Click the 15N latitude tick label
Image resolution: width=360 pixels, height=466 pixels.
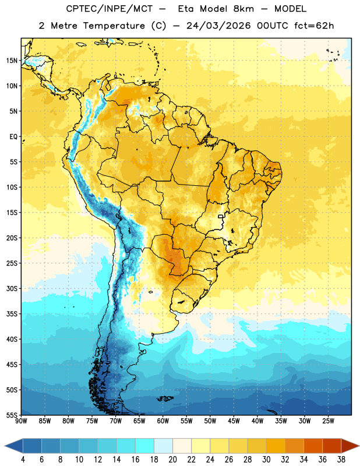(12, 61)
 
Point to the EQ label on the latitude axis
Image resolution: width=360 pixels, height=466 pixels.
(13, 137)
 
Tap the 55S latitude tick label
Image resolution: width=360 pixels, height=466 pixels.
(12, 415)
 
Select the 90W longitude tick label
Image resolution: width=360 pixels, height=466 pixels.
(21, 421)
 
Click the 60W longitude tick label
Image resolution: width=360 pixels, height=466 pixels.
(163, 421)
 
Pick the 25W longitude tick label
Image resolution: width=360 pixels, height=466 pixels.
(328, 421)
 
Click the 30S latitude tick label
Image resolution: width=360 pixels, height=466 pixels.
(12, 288)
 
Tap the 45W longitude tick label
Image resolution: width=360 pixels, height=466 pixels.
(234, 421)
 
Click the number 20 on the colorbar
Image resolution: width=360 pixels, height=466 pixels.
(172, 460)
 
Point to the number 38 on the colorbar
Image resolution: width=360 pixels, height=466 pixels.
(341, 460)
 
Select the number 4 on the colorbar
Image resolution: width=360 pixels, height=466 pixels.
(23, 460)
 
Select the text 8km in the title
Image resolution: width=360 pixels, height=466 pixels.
(243, 9)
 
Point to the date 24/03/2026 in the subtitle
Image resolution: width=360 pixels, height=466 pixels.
(218, 26)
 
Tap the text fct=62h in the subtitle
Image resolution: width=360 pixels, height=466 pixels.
(314, 26)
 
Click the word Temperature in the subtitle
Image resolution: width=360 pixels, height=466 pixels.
(114, 26)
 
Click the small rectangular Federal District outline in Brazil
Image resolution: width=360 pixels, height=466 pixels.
(221, 216)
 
